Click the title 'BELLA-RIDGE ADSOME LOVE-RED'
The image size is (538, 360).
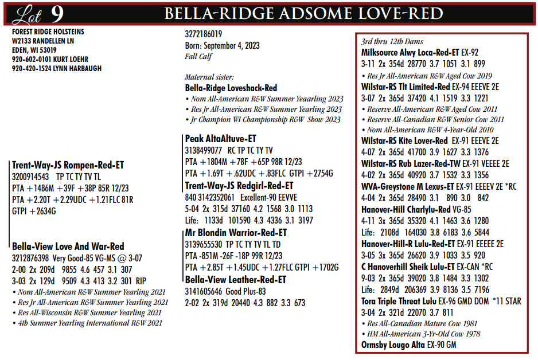[x=303, y=14]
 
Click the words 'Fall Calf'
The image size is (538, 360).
[x=198, y=56]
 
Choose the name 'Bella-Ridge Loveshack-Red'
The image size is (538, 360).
[x=231, y=88]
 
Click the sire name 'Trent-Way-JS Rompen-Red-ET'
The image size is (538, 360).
[x=68, y=165]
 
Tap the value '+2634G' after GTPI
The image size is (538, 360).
[x=44, y=211]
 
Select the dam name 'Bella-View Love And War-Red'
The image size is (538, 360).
[x=68, y=246]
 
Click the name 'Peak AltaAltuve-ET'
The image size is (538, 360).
[x=221, y=139]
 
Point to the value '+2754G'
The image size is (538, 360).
[x=323, y=173]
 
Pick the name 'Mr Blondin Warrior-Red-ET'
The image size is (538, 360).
[x=236, y=233]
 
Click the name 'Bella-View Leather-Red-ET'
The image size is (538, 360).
[x=235, y=280]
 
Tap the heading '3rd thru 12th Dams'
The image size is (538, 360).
[x=392, y=42]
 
